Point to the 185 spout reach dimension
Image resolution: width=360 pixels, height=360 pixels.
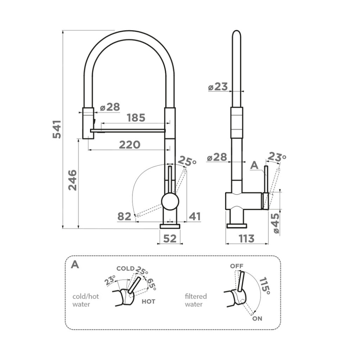coord(136,118)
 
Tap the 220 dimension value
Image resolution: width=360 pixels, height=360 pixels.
coord(130,145)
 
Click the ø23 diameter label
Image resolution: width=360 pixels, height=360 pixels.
coord(218,87)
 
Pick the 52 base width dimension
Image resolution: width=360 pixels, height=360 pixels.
coord(170,238)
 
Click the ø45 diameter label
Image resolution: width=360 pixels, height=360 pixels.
coord(275,224)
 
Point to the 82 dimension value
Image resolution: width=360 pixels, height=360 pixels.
coord(125,216)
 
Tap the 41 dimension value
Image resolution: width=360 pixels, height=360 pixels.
coord(195,216)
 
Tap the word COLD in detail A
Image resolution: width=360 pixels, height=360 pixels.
coord(125,269)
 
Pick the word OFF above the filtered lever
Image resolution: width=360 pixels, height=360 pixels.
coord(237,266)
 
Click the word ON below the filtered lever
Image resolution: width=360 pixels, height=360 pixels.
coord(257,318)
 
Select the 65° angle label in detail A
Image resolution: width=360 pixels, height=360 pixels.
coord(151,284)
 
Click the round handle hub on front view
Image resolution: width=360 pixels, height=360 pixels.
coord(170,201)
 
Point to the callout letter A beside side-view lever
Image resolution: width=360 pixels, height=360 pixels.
coord(255,165)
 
